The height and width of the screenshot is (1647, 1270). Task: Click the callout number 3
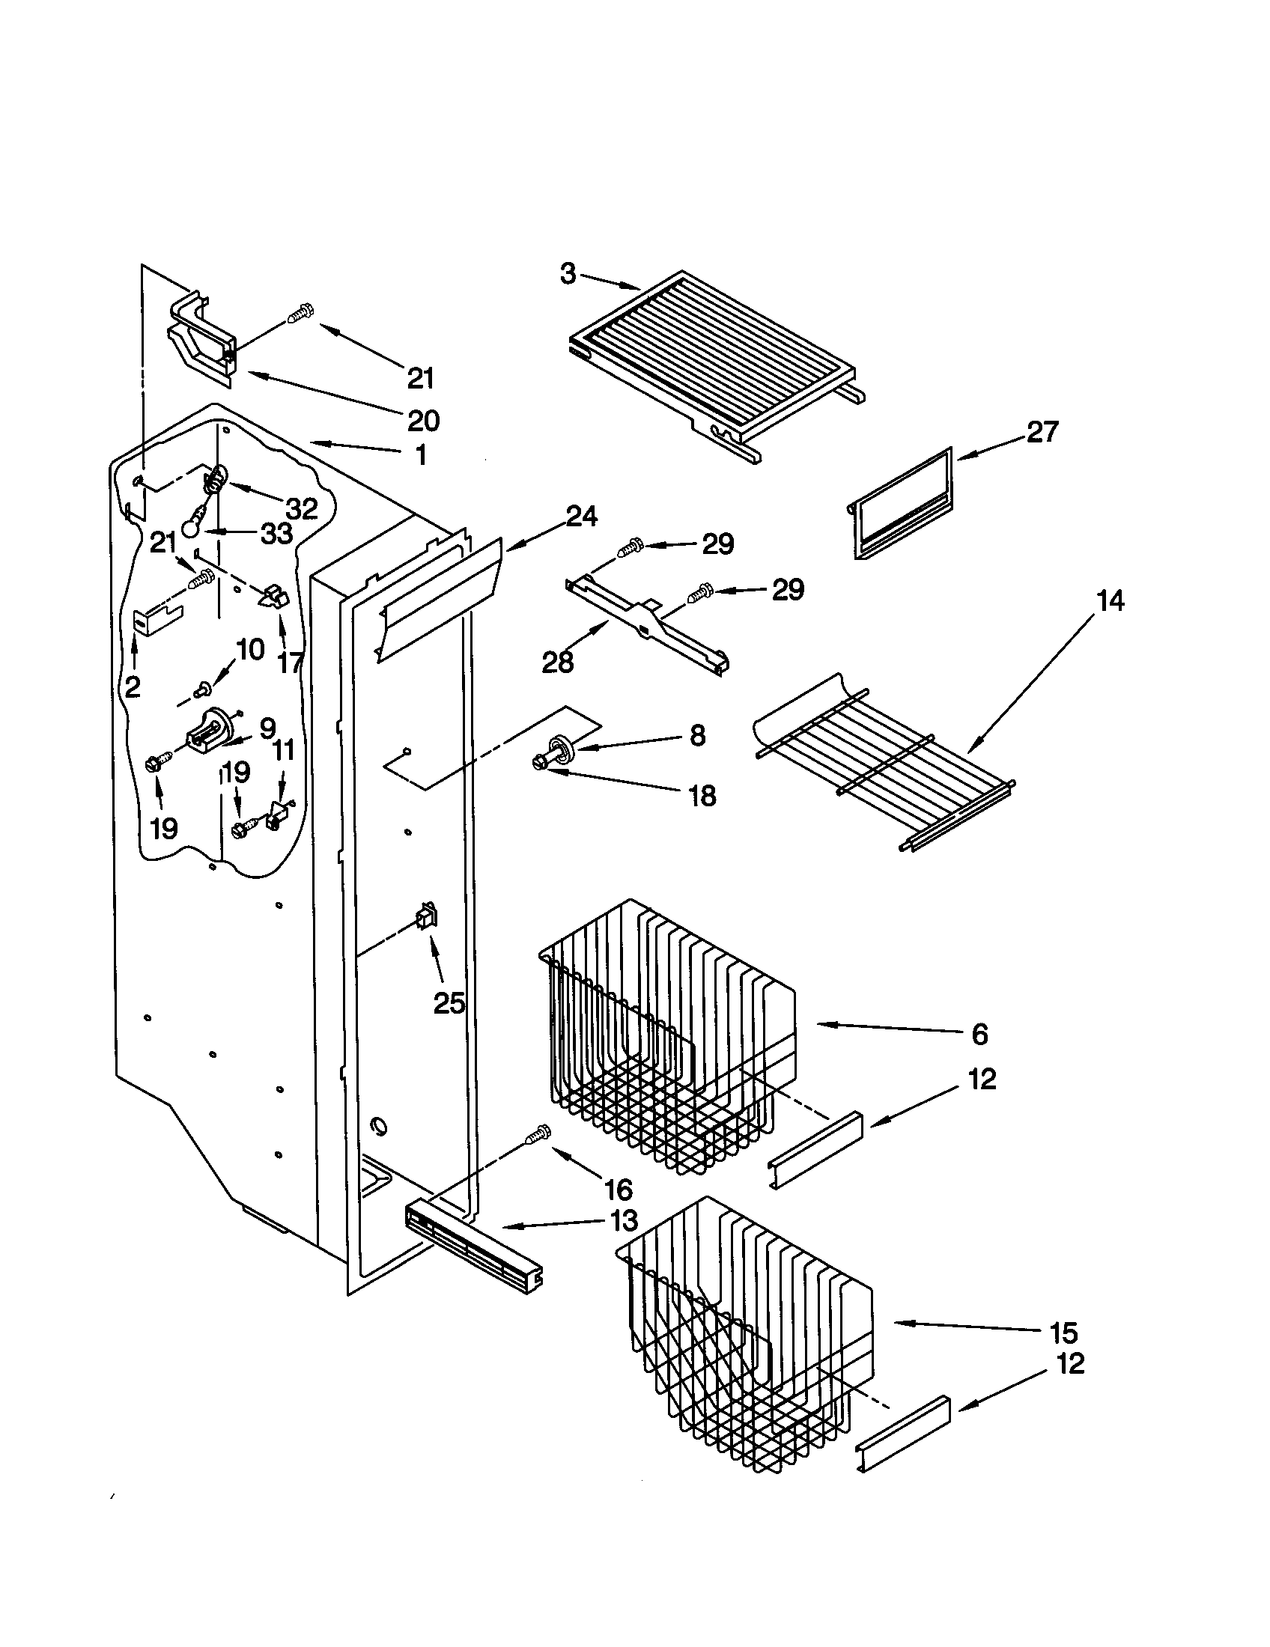click(567, 274)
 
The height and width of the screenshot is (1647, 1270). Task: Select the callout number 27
click(1042, 432)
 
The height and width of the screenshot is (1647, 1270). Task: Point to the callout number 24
click(581, 517)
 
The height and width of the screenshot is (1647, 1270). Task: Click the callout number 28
click(557, 662)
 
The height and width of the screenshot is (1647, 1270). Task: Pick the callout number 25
click(449, 1003)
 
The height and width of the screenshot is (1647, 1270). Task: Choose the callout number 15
click(1063, 1333)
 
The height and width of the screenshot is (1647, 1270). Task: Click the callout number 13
click(623, 1220)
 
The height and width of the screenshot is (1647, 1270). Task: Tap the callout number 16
click(618, 1190)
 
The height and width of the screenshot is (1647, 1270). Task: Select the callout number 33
click(276, 534)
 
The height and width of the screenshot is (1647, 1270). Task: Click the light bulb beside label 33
click(191, 526)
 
